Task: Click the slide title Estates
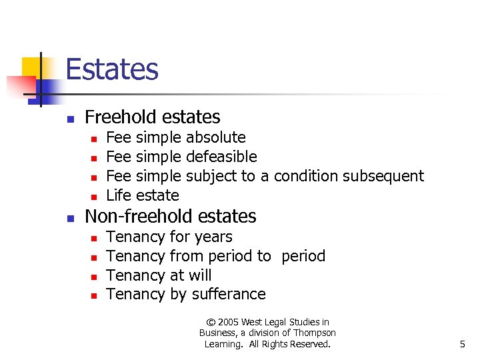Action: [112, 69]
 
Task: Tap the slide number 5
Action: [462, 344]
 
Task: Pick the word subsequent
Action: [383, 176]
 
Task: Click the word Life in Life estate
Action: [118, 195]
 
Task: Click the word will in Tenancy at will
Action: [200, 275]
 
